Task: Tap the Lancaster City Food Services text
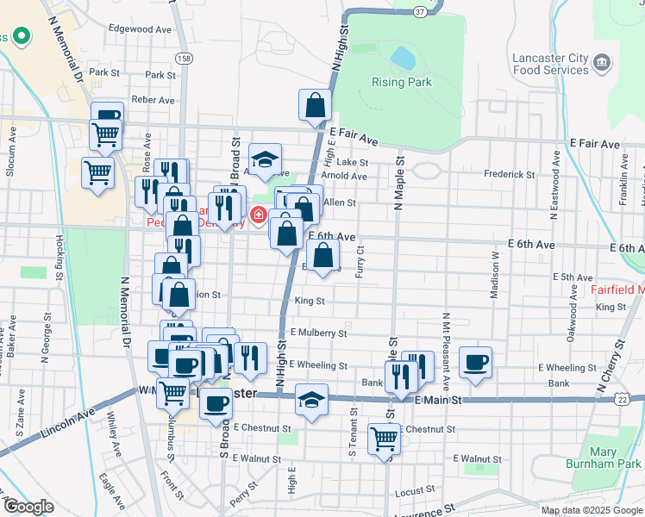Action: [550, 65]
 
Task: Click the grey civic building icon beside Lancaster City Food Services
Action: [602, 62]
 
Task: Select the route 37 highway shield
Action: [419, 12]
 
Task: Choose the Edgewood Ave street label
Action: [140, 28]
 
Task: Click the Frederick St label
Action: [510, 173]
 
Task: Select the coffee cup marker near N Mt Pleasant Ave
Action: [475, 362]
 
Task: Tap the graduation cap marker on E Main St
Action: [311, 401]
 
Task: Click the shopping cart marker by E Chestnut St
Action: [385, 439]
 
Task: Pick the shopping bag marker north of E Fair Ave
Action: [316, 105]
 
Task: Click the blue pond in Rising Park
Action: [403, 59]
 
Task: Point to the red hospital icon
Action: [258, 214]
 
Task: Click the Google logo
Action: [28, 506]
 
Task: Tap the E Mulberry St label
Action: [318, 333]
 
